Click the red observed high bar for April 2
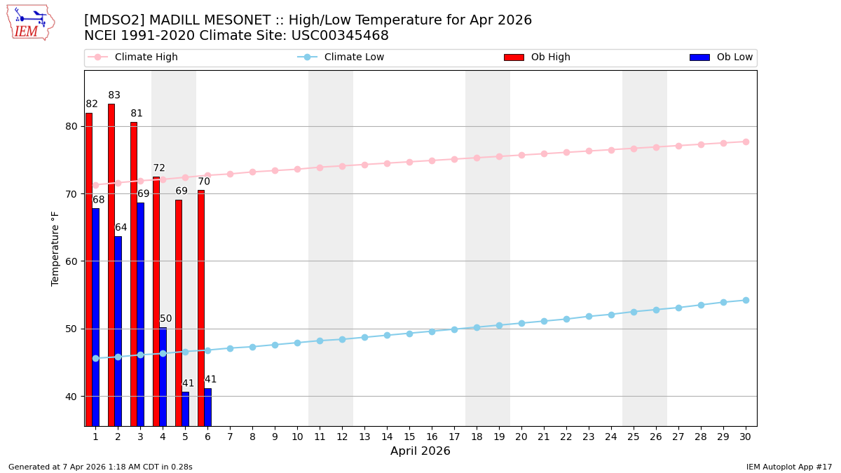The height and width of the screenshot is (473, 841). click(x=111, y=265)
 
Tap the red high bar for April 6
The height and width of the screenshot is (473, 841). click(x=201, y=308)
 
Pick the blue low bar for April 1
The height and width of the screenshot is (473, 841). click(x=96, y=317)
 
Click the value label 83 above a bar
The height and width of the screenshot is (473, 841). click(x=114, y=95)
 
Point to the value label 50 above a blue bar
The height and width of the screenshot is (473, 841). click(x=166, y=319)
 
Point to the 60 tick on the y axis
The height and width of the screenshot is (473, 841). click(x=72, y=261)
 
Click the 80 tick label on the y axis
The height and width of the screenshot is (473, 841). click(x=72, y=127)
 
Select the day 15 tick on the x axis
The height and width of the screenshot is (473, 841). click(x=409, y=437)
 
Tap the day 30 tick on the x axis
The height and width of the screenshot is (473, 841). click(x=746, y=437)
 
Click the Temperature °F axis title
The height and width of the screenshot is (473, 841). click(x=55, y=248)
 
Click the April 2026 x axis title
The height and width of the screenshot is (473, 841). click(x=420, y=451)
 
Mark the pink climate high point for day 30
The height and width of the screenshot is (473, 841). click(x=746, y=142)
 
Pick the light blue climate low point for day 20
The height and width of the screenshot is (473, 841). click(x=521, y=323)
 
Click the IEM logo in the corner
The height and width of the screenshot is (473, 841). click(x=30, y=22)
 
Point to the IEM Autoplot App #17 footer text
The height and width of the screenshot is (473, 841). click(x=789, y=467)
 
